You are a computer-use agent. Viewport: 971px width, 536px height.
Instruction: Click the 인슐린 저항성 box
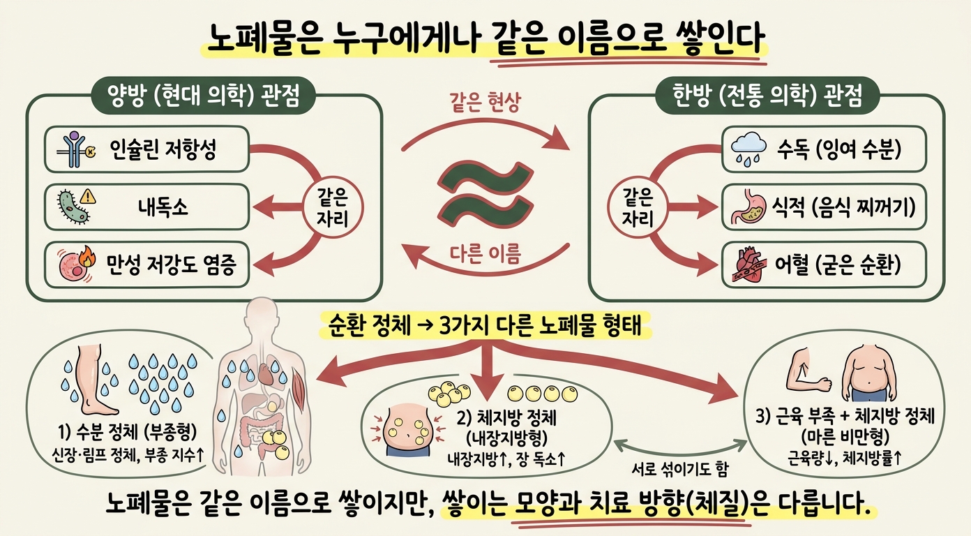point(147,149)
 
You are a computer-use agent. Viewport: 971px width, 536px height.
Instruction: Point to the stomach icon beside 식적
point(749,207)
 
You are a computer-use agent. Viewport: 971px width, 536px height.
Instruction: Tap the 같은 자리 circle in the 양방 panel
point(333,208)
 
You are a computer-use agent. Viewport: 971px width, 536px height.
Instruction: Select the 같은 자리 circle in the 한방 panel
point(638,208)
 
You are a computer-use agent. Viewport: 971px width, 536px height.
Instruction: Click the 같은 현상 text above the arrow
point(485,103)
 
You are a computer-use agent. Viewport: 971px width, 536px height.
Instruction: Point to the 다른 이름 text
point(485,253)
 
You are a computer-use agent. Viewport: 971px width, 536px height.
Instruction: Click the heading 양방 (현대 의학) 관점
point(203,96)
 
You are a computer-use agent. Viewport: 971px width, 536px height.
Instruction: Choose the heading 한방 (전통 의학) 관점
point(767,96)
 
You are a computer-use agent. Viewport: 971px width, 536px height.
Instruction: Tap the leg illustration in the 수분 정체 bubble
point(93,381)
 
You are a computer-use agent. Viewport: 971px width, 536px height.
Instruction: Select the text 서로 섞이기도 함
point(680,469)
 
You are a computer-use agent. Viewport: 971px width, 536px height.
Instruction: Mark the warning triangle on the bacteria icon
point(88,196)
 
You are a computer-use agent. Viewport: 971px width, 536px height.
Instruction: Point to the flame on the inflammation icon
point(88,256)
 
